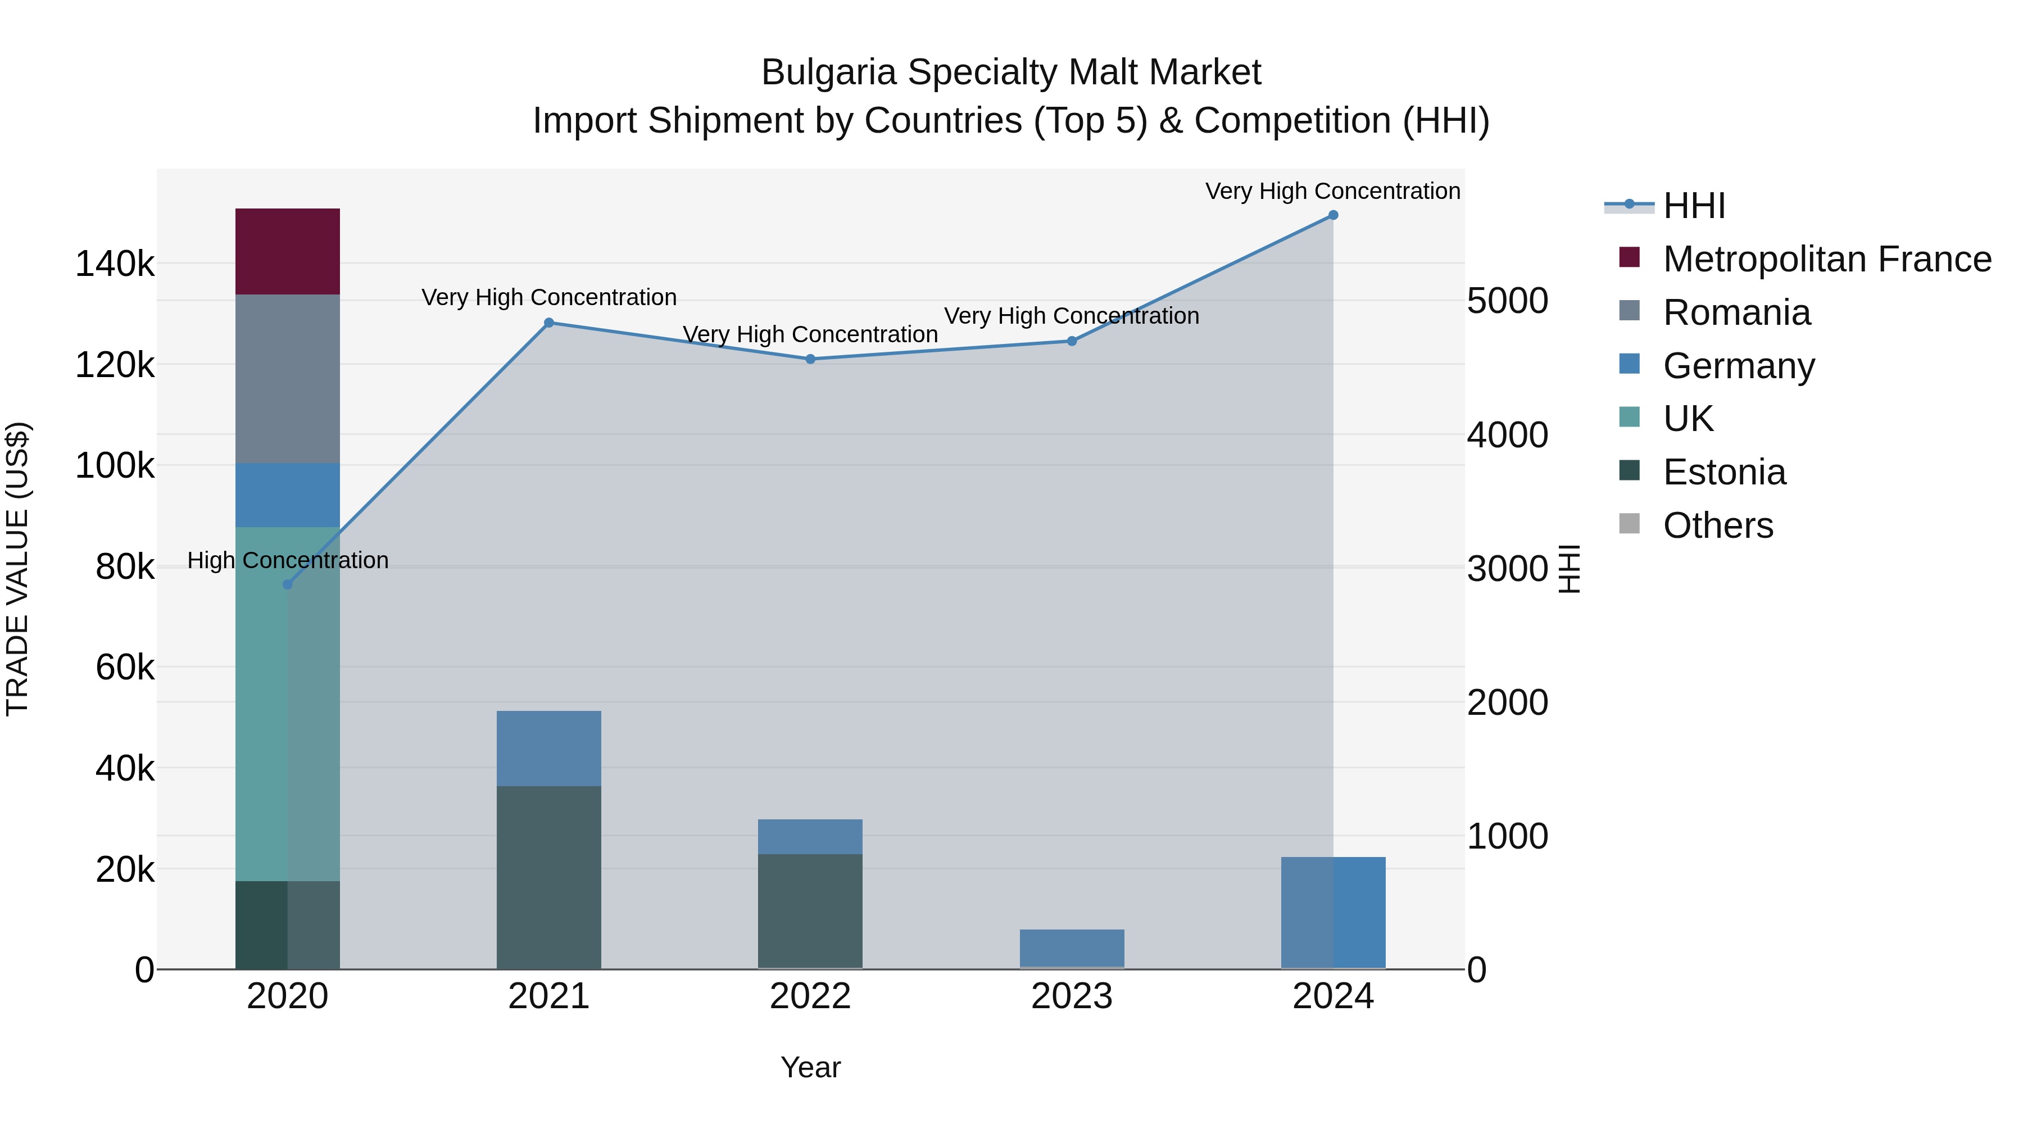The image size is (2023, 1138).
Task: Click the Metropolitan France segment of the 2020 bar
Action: [x=287, y=251]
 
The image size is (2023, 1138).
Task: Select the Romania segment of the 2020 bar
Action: [x=287, y=379]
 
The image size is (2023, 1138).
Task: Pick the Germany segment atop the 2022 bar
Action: [x=810, y=836]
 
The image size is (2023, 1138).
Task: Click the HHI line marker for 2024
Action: [x=1333, y=215]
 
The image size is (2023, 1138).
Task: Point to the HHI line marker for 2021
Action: [x=549, y=323]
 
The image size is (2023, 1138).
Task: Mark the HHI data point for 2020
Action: [x=287, y=584]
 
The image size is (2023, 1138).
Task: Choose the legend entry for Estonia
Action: [x=1724, y=472]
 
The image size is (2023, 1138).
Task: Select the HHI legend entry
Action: [x=1693, y=206]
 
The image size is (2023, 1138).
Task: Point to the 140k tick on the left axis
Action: [x=115, y=264]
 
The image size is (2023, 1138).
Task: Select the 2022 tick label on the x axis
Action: [x=810, y=996]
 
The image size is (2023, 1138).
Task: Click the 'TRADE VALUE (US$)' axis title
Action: [x=18, y=569]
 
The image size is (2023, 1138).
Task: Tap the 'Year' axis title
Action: [x=810, y=1067]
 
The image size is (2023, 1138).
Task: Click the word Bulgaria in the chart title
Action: [x=828, y=72]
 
